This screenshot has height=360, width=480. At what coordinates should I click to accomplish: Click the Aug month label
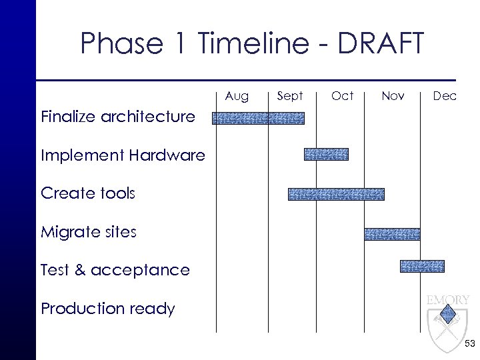pyautogui.click(x=237, y=96)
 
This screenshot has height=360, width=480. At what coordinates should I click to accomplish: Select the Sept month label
pyautogui.click(x=290, y=96)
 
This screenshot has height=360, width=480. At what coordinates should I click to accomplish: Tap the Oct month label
pyautogui.click(x=342, y=96)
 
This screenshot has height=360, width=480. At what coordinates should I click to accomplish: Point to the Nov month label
pyautogui.click(x=393, y=96)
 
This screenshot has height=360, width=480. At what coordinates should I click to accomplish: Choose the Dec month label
pyautogui.click(x=445, y=96)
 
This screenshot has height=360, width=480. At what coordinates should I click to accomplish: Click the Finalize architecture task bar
pyautogui.click(x=258, y=118)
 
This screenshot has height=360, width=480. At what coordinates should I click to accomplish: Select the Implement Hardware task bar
pyautogui.click(x=326, y=154)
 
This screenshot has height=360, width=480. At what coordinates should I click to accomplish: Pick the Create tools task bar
pyautogui.click(x=336, y=194)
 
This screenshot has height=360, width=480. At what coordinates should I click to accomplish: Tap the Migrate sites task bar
pyautogui.click(x=392, y=233)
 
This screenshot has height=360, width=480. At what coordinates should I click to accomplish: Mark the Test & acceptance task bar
pyautogui.click(x=422, y=266)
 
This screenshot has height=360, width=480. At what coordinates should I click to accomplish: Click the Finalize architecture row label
pyautogui.click(x=118, y=118)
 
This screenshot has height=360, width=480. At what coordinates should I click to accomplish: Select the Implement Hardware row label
pyautogui.click(x=123, y=156)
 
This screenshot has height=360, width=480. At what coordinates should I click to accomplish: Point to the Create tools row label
pyautogui.click(x=88, y=194)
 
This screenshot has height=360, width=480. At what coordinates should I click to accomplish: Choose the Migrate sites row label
pyautogui.click(x=89, y=232)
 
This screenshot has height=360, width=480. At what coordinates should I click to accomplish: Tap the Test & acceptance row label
pyautogui.click(x=115, y=270)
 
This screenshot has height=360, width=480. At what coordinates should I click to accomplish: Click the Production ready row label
pyautogui.click(x=108, y=309)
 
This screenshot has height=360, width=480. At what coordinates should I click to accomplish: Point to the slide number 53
pyautogui.click(x=469, y=343)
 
